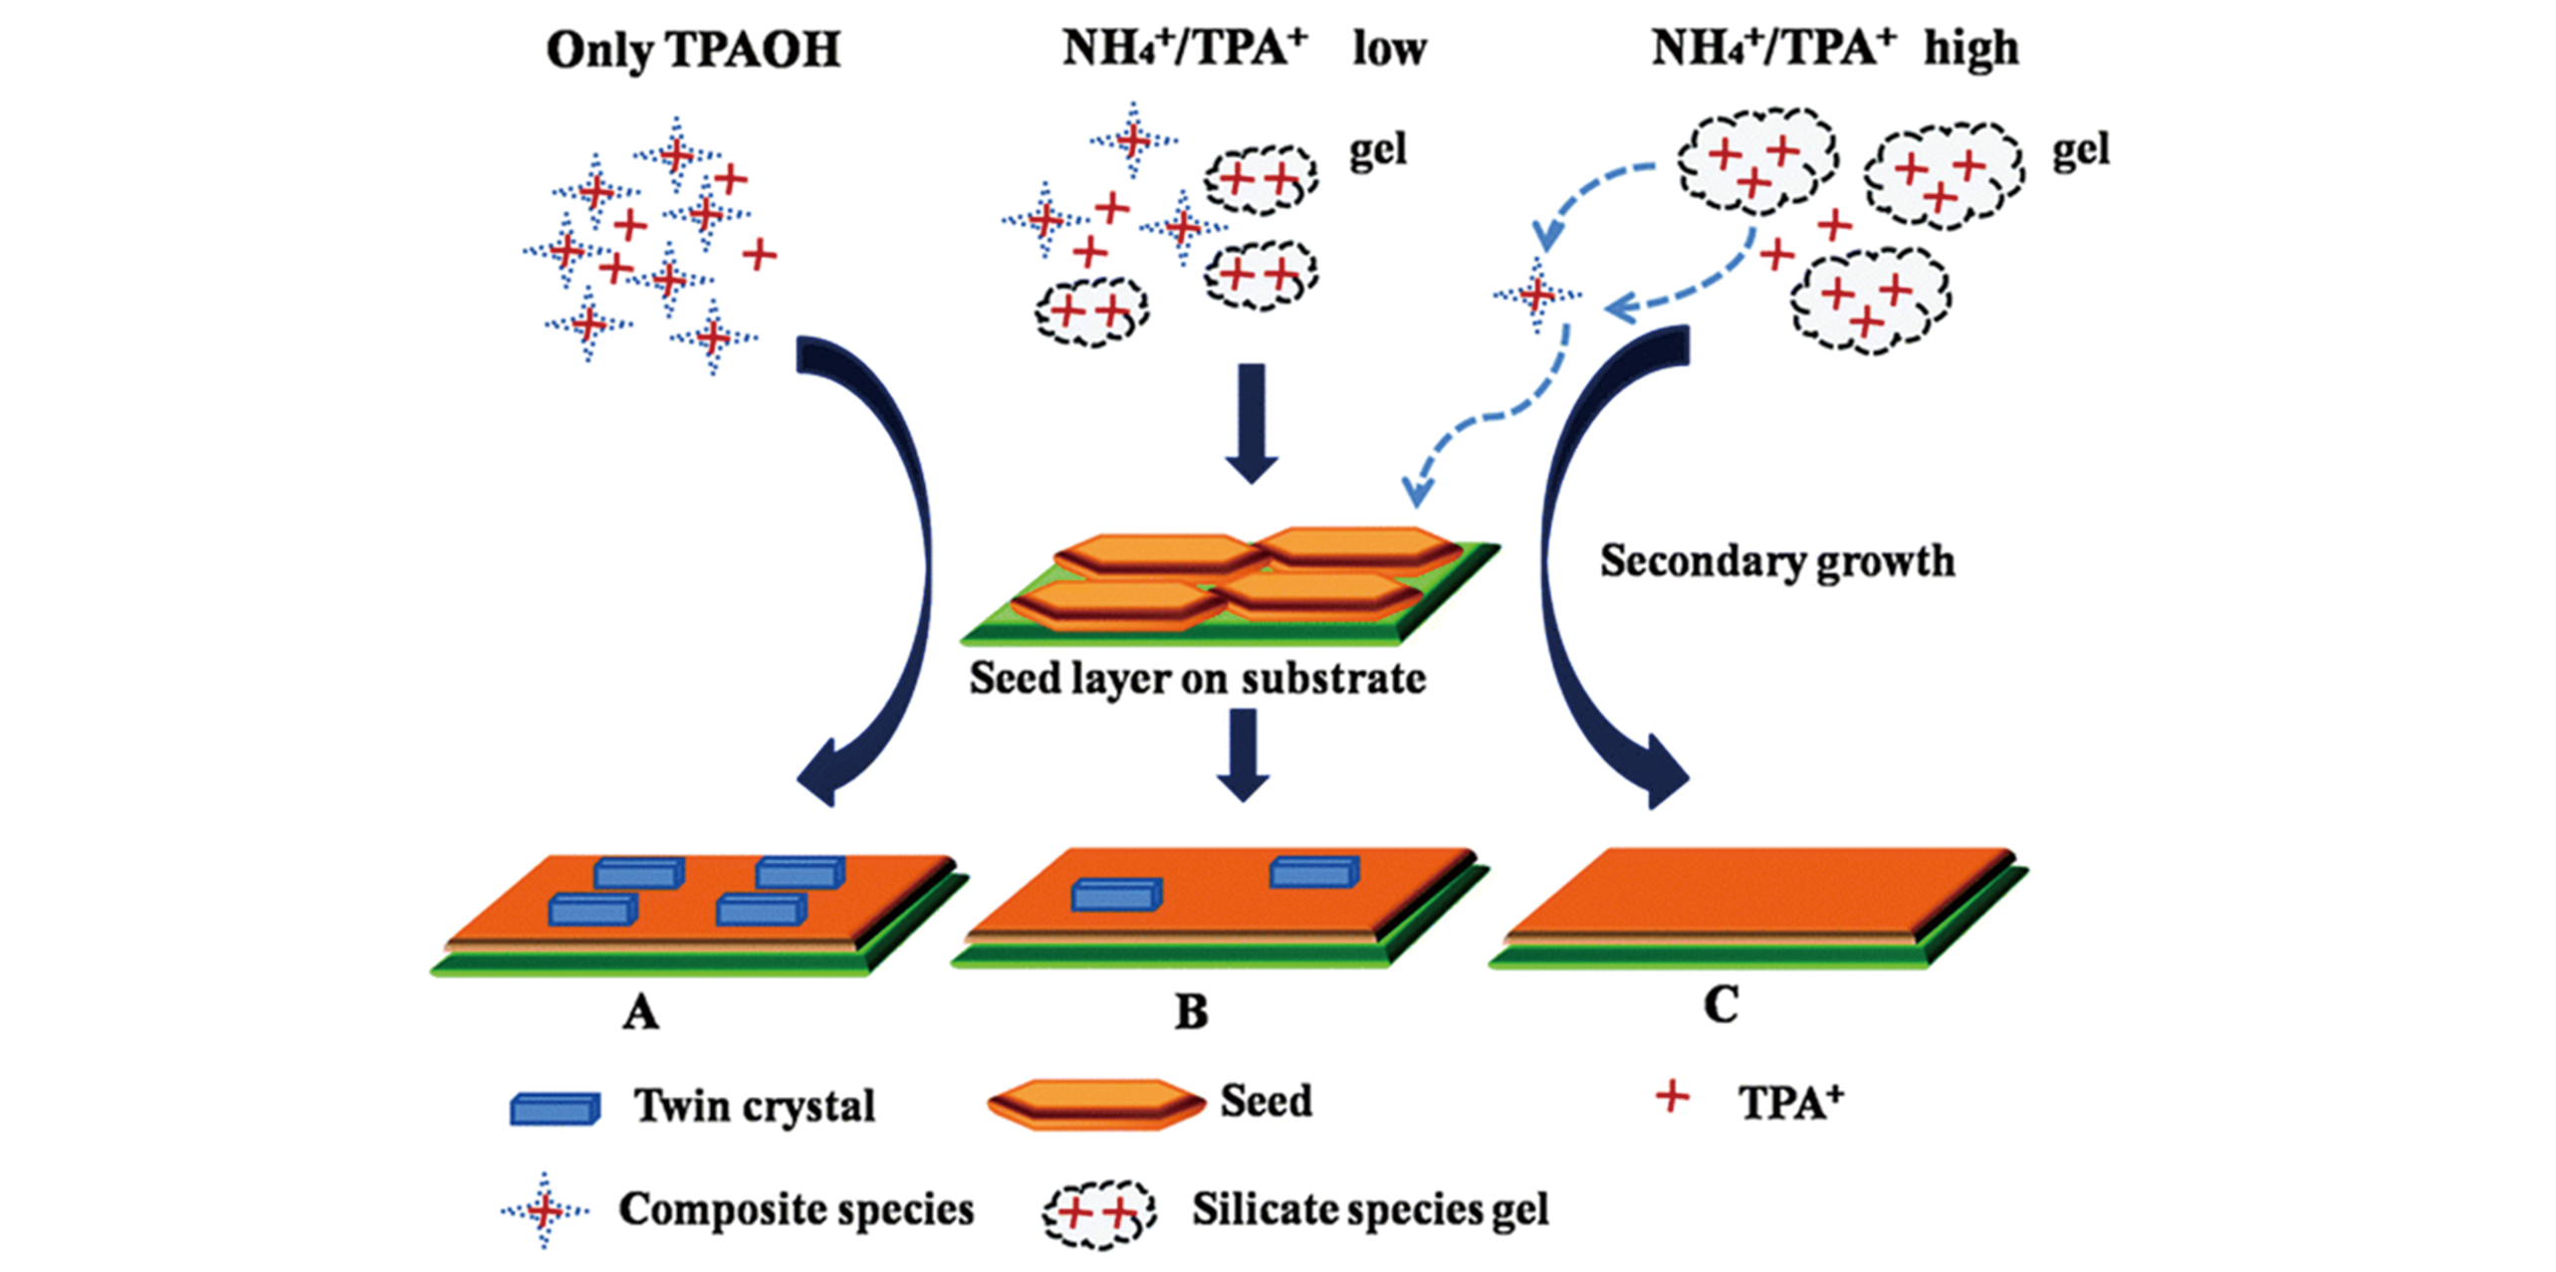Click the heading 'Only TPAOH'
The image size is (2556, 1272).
(693, 50)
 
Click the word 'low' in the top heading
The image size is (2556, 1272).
(1389, 49)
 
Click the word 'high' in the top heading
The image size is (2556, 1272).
(1971, 49)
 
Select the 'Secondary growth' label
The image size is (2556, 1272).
(1777, 561)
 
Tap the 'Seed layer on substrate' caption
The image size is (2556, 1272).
(1197, 679)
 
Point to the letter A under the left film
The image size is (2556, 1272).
(640, 1013)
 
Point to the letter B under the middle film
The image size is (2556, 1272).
(1191, 1012)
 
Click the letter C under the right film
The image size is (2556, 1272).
(1721, 1005)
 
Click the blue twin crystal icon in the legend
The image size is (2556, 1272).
(555, 1108)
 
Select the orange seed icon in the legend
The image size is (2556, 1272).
(1096, 1104)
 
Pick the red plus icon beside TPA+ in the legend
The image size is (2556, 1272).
(1672, 1098)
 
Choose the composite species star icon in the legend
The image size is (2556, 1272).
(544, 1210)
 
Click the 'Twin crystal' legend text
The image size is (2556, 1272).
(755, 1106)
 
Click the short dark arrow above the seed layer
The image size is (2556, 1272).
(1252, 422)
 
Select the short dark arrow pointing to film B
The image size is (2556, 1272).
(1244, 754)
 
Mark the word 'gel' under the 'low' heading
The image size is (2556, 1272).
(1378, 151)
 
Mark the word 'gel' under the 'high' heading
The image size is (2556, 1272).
(2081, 151)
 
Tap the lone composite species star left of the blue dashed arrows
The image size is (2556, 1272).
(1537, 295)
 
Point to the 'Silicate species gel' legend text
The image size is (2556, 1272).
(1370, 1210)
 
